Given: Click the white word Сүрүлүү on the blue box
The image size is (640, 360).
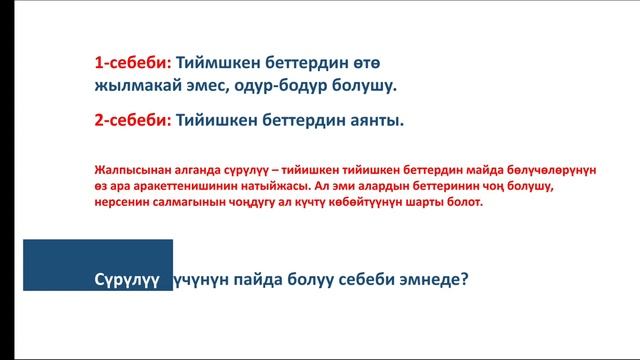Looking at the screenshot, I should [x=127, y=280].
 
